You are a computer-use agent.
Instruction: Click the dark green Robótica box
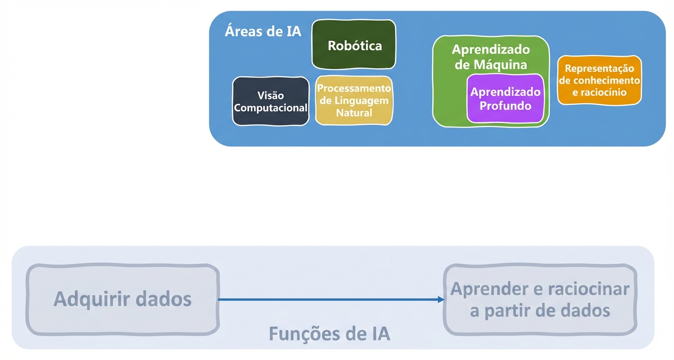pyautogui.click(x=354, y=45)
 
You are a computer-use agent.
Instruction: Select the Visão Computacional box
pyautogui.click(x=270, y=101)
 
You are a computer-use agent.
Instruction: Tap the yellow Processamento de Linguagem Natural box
pyautogui.click(x=354, y=101)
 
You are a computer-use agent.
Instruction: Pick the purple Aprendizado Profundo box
pyautogui.click(x=505, y=99)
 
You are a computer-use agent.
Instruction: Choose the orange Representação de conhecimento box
pyautogui.click(x=599, y=80)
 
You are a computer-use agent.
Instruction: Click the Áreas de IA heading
pyautogui.click(x=263, y=32)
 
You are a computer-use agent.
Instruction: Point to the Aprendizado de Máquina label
pyautogui.click(x=491, y=56)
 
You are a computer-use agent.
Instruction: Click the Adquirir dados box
pyautogui.click(x=123, y=299)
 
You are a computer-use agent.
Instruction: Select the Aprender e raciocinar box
pyautogui.click(x=540, y=300)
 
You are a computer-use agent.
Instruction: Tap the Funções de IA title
pyautogui.click(x=329, y=333)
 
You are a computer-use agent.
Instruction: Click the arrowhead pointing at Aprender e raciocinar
pyautogui.click(x=441, y=300)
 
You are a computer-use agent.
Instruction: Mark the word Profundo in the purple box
pyautogui.click(x=505, y=106)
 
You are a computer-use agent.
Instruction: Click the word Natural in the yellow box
pyautogui.click(x=354, y=113)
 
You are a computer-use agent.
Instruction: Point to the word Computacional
pyautogui.click(x=270, y=108)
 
